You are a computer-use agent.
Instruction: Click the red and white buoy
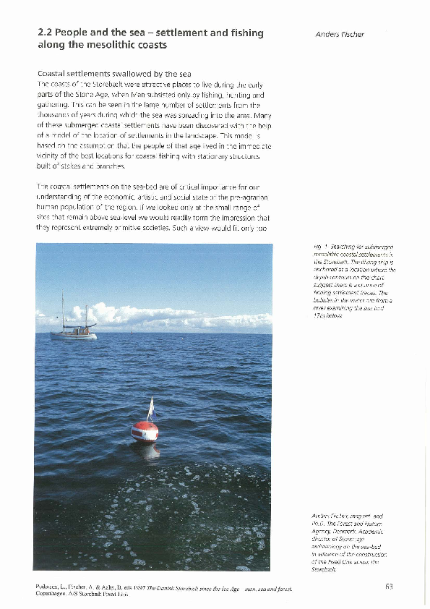[145, 432]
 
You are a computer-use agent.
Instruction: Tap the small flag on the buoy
[150, 406]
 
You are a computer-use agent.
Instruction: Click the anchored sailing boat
[73, 332]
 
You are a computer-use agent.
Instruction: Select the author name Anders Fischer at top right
[340, 34]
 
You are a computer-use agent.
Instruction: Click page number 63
[389, 587]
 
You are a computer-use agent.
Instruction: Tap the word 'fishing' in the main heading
[242, 33]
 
